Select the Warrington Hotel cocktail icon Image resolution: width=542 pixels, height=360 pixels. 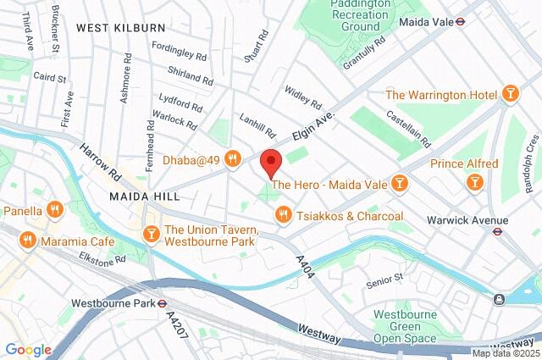click(510, 93)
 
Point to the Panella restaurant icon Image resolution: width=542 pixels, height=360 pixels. click(56, 209)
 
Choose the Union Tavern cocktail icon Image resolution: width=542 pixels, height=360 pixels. click(152, 232)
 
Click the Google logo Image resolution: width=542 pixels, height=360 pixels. click(27, 350)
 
